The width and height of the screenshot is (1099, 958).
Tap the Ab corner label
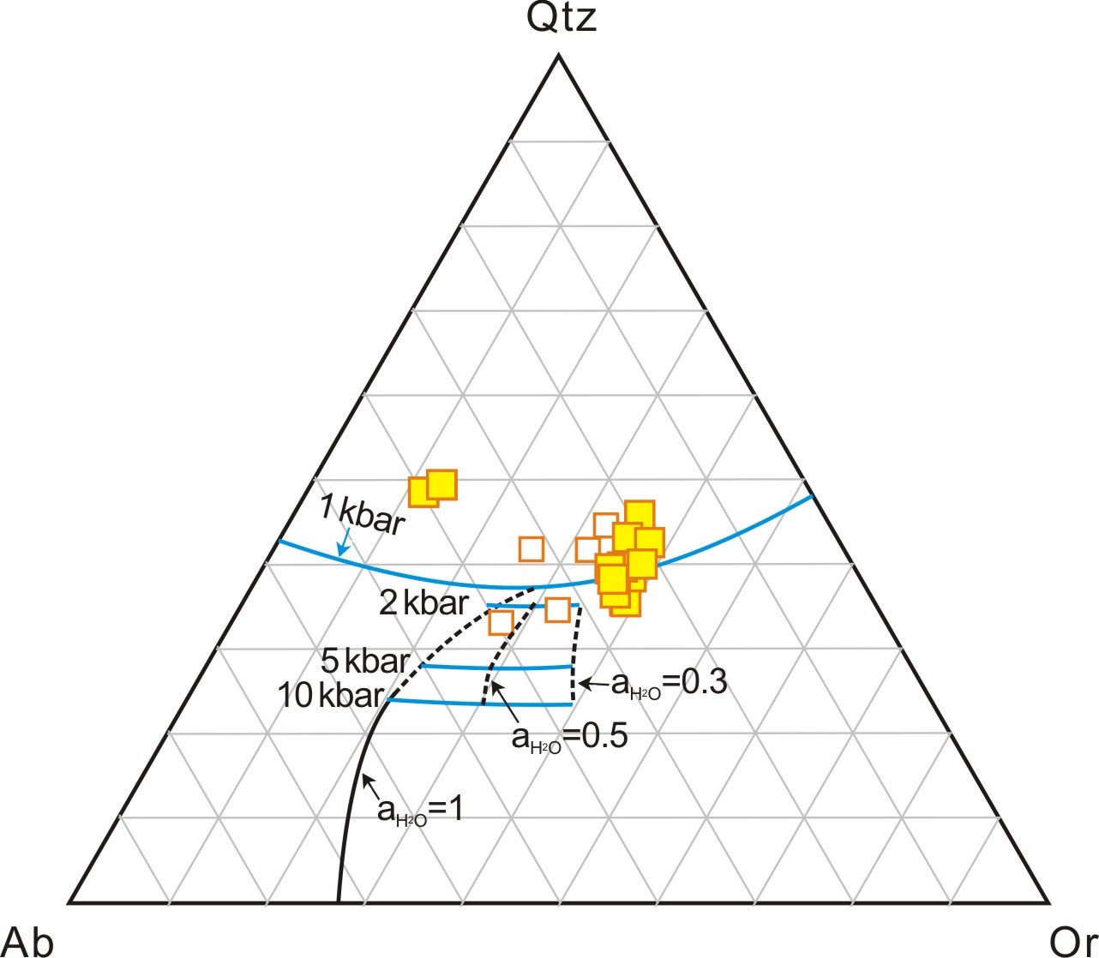coord(28,942)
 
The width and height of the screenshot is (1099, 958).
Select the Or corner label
coord(1072,942)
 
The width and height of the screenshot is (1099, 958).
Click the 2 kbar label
coord(423,603)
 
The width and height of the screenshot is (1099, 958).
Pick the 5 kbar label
coord(365,662)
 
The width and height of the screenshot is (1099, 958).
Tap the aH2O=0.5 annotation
coord(569,739)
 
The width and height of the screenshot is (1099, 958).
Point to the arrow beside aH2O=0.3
coord(595,685)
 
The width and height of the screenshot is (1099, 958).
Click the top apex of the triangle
coord(559,54)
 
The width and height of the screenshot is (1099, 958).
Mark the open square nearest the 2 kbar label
coord(501,623)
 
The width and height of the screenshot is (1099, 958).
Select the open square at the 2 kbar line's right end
coord(557,610)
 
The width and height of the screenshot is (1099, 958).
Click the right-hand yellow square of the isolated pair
coord(442,485)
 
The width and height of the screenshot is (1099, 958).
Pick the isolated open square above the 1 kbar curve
coord(531,549)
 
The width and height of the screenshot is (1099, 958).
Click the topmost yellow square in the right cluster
coord(640,515)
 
